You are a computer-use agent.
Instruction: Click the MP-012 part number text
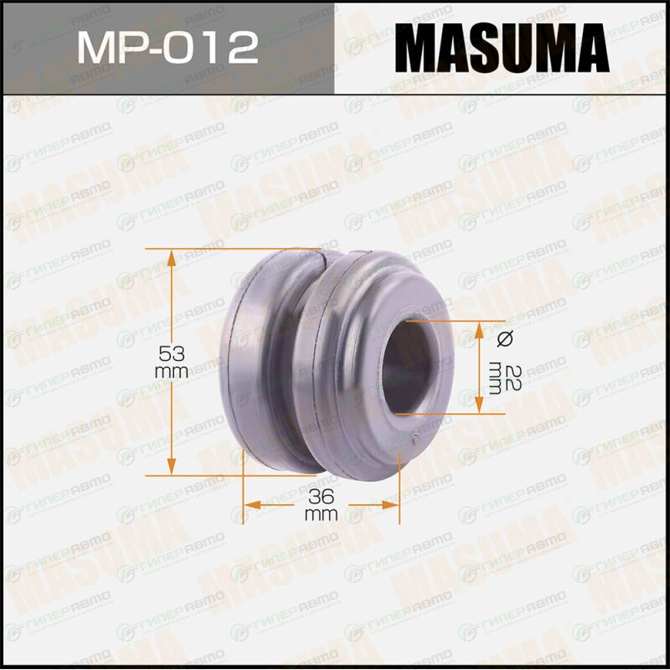click(x=167, y=48)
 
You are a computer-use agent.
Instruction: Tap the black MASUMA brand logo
click(x=502, y=48)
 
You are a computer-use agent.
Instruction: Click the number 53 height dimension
click(x=172, y=353)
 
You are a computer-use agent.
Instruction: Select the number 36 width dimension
click(x=321, y=497)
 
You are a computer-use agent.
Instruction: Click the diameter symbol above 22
click(x=505, y=338)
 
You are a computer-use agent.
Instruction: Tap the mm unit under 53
click(x=172, y=372)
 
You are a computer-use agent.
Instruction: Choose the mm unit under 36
click(x=322, y=515)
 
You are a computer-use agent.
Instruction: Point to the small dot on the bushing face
click(x=415, y=437)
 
